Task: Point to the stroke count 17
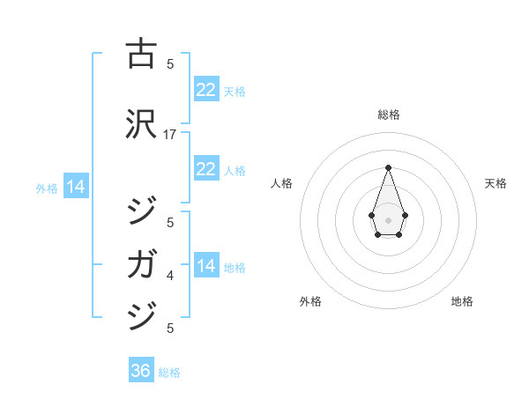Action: click(x=170, y=134)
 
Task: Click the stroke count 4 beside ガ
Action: click(x=170, y=277)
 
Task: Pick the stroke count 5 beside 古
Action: click(x=170, y=63)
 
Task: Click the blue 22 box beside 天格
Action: click(x=205, y=90)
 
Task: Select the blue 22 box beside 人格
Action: click(x=205, y=169)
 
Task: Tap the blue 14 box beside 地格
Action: click(x=205, y=266)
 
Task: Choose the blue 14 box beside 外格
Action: click(x=75, y=187)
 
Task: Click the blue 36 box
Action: click(x=140, y=371)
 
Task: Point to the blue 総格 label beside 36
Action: click(x=169, y=373)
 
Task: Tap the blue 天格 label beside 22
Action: click(x=235, y=92)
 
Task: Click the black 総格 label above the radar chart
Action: click(x=388, y=115)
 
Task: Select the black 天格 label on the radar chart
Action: click(x=495, y=183)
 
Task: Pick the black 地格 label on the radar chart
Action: click(x=462, y=301)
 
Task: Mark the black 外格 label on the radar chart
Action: click(x=310, y=301)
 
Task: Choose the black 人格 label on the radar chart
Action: click(x=281, y=183)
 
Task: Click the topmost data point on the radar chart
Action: click(x=388, y=167)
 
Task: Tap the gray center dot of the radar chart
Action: click(x=388, y=218)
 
